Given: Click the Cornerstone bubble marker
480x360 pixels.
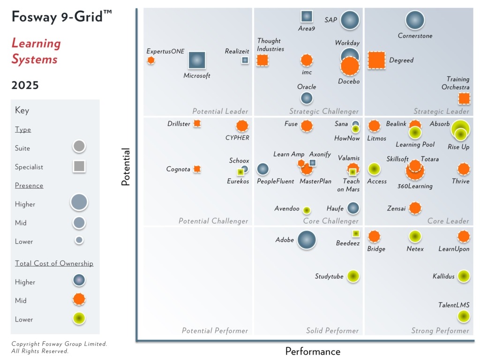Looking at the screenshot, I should click(414, 20).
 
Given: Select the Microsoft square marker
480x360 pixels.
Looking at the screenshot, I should click(197, 60).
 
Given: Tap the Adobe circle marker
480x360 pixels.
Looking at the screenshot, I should click(307, 240).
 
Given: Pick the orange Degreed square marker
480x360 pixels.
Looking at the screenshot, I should click(376, 60).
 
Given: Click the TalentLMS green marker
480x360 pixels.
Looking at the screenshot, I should click(463, 317).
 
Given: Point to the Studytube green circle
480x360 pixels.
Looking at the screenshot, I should click(353, 277).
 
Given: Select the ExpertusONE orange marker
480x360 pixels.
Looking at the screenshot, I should click(150, 60).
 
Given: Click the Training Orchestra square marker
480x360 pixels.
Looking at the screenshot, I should click(464, 98).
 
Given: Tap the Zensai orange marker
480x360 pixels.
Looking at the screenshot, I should click(414, 208).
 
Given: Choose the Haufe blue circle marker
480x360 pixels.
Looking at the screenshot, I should click(353, 208).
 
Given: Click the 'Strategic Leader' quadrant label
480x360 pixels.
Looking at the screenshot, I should click(441, 112).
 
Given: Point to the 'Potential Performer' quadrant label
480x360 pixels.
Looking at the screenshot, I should click(215, 331).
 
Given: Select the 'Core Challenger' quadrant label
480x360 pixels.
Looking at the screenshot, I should click(330, 221).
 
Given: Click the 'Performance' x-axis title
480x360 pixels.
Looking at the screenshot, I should click(313, 352).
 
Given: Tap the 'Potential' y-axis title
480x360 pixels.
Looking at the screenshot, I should click(126, 167).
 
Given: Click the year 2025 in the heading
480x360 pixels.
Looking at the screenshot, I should click(25, 85).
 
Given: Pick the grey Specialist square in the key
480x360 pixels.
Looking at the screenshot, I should click(79, 166).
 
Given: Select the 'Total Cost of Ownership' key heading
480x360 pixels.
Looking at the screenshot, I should click(54, 263).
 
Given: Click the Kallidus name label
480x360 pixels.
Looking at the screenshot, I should click(443, 277).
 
